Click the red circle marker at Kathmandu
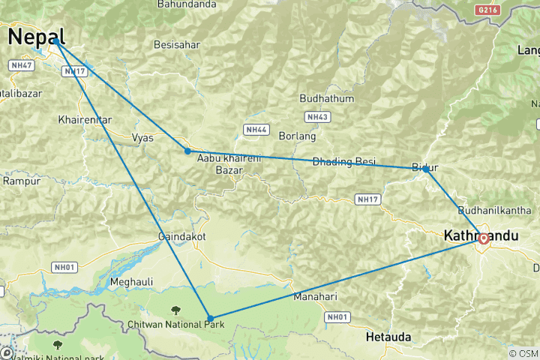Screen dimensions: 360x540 [x=484, y=239]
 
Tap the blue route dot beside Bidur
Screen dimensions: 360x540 [x=425, y=169]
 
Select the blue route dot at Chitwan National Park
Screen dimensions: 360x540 [x=210, y=319]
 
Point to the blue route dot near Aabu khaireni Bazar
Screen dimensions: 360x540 [x=187, y=151]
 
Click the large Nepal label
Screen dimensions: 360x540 [x=36, y=36]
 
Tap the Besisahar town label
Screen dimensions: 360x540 [x=177, y=45]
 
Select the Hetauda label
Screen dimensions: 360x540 [x=388, y=337]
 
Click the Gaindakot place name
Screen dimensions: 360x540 [x=180, y=237]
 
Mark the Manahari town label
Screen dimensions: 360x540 [x=315, y=296]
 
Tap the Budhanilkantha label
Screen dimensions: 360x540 [x=499, y=211]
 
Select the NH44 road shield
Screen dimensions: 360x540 [x=256, y=130]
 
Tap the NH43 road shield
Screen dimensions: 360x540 [x=317, y=117]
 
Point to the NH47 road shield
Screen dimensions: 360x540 [x=20, y=66]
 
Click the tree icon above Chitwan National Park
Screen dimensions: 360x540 [x=175, y=309]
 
